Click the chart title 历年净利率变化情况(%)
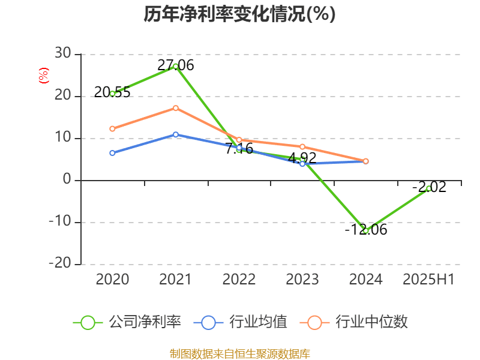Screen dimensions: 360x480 239,14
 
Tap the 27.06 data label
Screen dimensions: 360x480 176,65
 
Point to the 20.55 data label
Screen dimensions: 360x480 112,92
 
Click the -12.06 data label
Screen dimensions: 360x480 365,229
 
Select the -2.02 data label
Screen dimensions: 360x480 429,187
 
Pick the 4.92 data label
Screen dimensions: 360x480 302,158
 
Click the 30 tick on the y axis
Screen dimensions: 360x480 63,54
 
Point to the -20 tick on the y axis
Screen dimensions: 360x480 59,264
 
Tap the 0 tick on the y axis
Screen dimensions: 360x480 67,180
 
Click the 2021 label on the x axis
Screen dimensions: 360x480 176,279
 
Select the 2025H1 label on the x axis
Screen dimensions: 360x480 428,279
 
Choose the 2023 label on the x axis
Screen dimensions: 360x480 302,279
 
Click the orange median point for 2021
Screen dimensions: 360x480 176,108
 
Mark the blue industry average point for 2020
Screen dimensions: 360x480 112,153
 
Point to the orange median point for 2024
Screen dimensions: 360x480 365,161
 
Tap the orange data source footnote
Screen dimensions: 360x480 239,353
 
